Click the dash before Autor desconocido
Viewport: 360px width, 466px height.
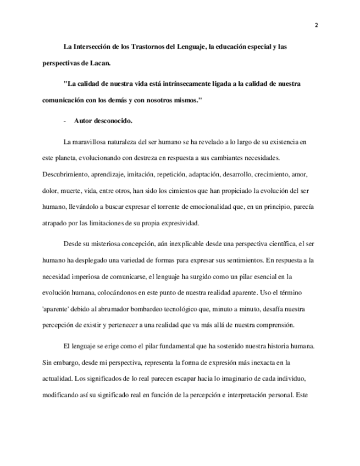(x=65, y=120)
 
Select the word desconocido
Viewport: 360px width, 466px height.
(x=113, y=120)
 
